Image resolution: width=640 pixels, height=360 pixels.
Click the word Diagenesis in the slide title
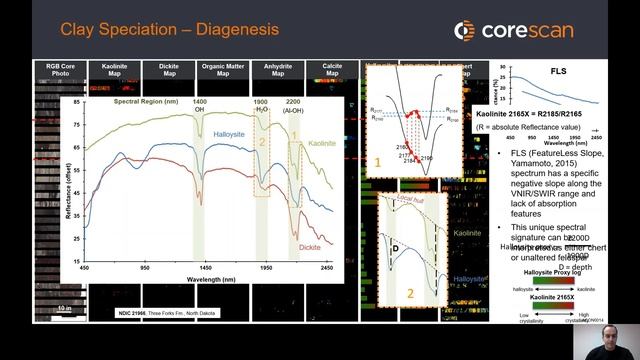point(231,30)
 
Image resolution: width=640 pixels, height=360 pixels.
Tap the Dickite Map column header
point(170,70)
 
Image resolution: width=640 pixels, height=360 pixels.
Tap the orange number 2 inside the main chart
point(262,142)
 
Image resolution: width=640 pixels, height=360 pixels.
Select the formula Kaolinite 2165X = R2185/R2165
point(536,117)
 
